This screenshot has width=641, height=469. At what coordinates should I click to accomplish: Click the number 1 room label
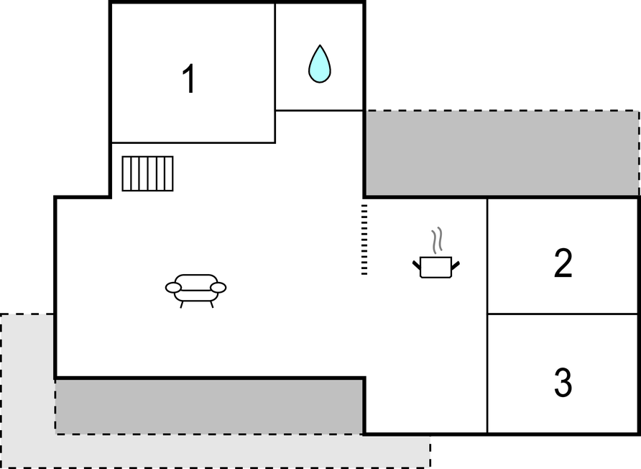click(189, 79)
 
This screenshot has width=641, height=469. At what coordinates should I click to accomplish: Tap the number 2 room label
click(563, 263)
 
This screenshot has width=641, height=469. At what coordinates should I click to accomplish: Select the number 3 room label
click(563, 382)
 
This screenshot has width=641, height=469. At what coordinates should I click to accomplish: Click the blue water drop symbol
click(320, 64)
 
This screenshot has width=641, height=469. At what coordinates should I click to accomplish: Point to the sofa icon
click(195, 291)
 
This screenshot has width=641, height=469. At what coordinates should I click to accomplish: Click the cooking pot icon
click(435, 268)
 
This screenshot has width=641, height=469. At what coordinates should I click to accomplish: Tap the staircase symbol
click(147, 173)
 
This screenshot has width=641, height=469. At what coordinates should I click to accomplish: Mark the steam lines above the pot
click(437, 240)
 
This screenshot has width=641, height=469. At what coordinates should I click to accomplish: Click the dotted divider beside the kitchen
click(364, 240)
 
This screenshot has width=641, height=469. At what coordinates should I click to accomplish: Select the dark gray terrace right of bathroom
click(502, 153)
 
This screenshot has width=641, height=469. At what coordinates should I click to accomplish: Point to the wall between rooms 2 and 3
click(563, 314)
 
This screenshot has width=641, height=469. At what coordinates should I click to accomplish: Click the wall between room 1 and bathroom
click(275, 73)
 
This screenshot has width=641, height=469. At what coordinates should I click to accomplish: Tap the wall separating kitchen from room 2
click(487, 315)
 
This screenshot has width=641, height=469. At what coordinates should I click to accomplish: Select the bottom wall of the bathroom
click(319, 110)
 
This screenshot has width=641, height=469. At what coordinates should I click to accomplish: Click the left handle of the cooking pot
click(417, 265)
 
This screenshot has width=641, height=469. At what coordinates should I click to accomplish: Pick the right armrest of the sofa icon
click(218, 288)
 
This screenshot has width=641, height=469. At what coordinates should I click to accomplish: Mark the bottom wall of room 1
click(193, 143)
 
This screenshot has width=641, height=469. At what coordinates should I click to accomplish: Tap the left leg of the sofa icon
click(181, 304)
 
